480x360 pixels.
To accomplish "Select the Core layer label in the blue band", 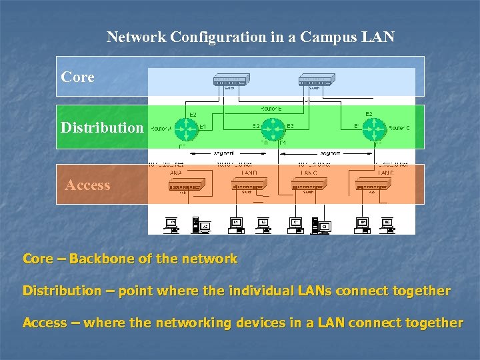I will [77, 77].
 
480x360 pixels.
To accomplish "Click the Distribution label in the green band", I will [102, 127].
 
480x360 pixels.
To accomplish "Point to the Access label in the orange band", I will [87, 185].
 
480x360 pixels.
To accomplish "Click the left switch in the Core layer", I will [229, 81].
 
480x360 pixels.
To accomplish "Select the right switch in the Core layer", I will [317, 81].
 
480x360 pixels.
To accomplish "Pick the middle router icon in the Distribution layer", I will [273, 127].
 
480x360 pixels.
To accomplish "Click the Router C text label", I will [399, 127].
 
